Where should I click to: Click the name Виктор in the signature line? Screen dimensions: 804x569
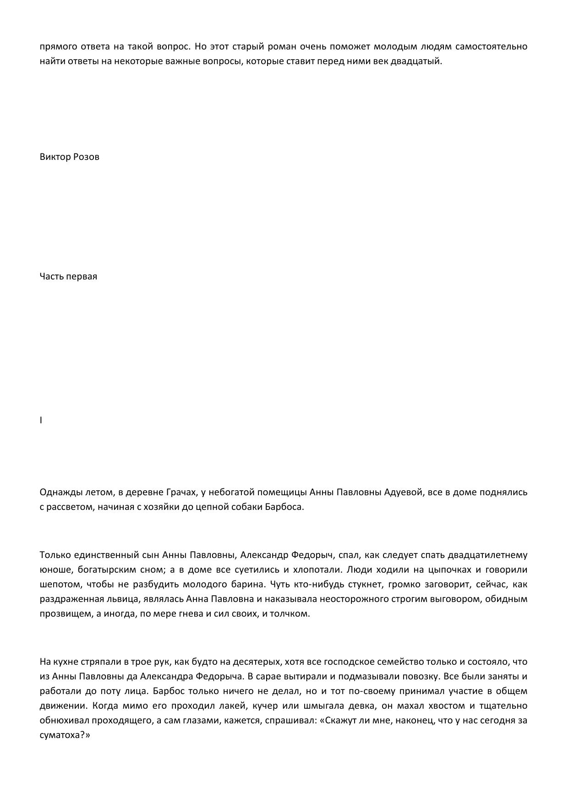tap(55, 157)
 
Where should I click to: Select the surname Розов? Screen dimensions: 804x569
tap(86, 157)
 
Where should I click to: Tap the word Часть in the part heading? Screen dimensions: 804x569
tap(51, 276)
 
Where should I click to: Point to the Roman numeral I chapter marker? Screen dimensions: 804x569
tap(41, 420)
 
